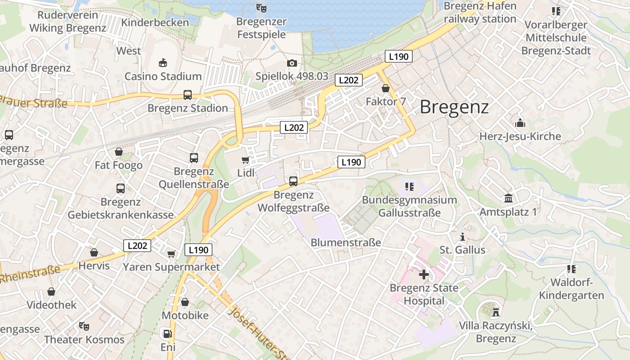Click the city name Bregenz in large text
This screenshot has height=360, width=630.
(x=454, y=107)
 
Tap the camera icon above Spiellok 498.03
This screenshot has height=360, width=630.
(x=292, y=63)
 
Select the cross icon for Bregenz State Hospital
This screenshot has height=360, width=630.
(x=423, y=274)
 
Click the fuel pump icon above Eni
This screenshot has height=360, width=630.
(x=167, y=334)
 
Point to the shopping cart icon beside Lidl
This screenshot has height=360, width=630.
(x=245, y=160)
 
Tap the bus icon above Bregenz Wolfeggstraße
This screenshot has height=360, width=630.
(x=293, y=181)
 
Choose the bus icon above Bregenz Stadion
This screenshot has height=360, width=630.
(x=188, y=95)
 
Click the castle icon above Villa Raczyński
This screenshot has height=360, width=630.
(x=496, y=312)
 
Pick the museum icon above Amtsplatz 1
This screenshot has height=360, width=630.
(x=508, y=198)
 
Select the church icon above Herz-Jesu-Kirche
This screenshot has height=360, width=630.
(x=520, y=123)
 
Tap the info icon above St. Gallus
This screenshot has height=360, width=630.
(x=462, y=237)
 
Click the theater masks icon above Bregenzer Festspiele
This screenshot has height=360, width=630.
(x=261, y=8)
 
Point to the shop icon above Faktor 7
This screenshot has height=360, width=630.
(x=385, y=88)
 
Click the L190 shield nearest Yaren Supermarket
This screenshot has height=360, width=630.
(x=198, y=250)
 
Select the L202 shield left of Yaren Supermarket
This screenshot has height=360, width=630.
(x=137, y=246)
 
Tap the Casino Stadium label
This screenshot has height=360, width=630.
(x=163, y=76)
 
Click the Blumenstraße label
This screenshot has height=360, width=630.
(x=346, y=243)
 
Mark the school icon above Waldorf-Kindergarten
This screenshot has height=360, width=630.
(x=571, y=269)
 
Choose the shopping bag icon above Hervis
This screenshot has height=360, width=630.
(x=94, y=252)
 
